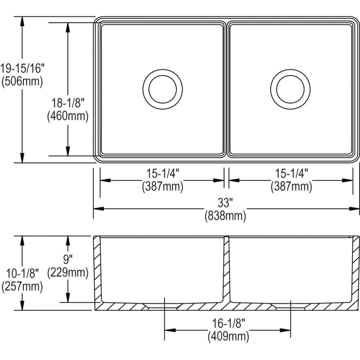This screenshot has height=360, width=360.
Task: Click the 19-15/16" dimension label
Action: (22, 68)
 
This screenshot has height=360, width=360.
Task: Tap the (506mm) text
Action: (22, 81)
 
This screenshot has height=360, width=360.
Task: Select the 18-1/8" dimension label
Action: (68, 103)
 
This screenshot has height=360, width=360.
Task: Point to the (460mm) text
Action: (68, 116)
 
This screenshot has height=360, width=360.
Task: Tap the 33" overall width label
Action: (225, 202)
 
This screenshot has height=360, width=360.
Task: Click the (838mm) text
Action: (225, 216)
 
